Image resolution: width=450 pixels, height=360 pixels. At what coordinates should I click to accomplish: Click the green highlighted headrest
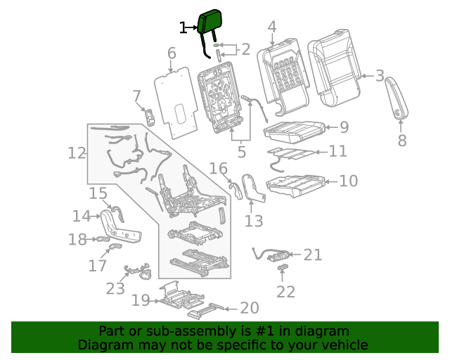[210, 22]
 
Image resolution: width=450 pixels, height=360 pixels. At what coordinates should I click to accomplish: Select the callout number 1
[184, 28]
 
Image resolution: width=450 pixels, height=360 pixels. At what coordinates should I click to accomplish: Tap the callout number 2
[245, 49]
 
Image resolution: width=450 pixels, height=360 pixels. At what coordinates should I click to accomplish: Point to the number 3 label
[379, 76]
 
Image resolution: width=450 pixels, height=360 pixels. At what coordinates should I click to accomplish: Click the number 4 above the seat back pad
[272, 27]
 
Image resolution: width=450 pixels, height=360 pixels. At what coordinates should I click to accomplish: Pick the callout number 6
[172, 53]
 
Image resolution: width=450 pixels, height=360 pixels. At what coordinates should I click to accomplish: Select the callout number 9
[344, 127]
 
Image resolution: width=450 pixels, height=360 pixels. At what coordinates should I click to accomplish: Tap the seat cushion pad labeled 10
[295, 184]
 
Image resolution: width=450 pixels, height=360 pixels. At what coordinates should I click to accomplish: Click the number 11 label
[338, 150]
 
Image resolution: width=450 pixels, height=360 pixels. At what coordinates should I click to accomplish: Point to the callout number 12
[77, 153]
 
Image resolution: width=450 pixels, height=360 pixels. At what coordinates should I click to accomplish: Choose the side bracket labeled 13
[249, 188]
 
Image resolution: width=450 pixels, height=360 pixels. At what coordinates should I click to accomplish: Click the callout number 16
[219, 168]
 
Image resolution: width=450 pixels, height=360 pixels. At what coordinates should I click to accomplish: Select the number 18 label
[77, 240]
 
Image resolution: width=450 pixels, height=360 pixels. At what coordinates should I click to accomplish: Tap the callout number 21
[312, 255]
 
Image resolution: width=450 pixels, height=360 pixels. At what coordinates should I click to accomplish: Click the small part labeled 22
[282, 268]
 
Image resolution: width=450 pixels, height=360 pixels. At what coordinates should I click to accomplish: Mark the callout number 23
[115, 288]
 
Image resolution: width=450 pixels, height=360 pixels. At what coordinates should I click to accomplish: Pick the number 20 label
[250, 308]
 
